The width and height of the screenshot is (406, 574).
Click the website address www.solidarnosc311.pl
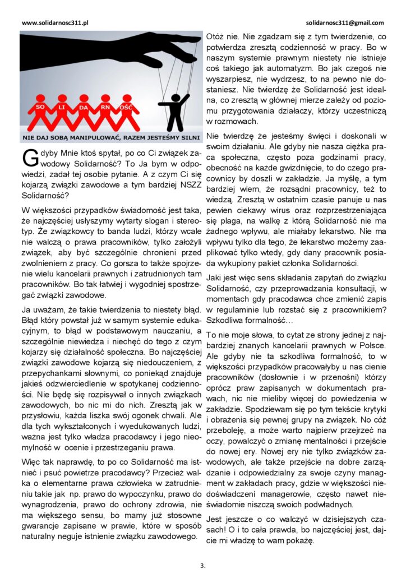point(56,23)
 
